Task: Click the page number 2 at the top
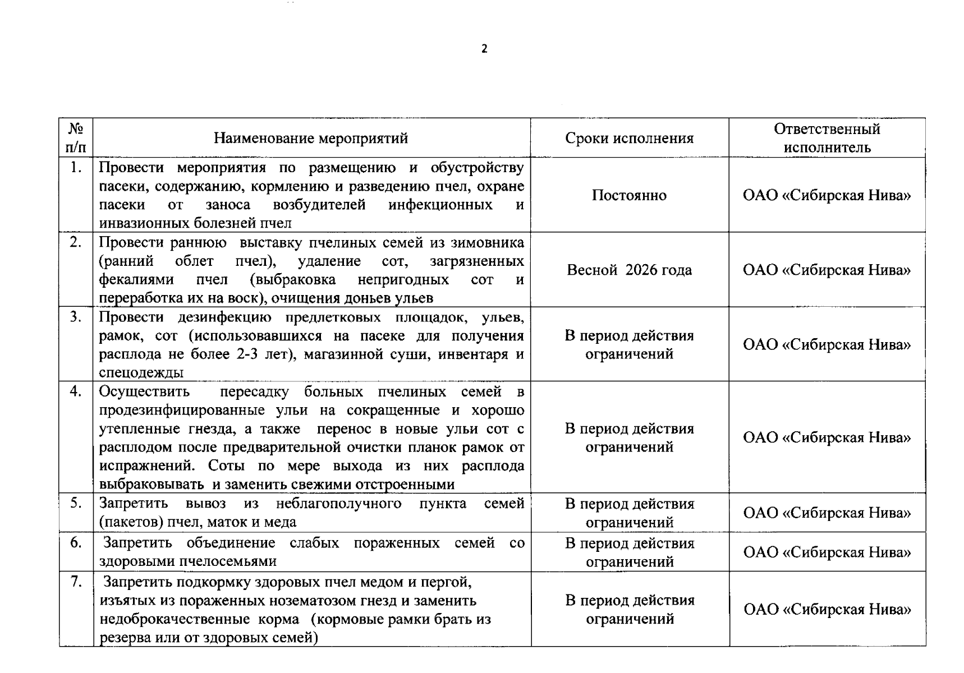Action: (x=484, y=49)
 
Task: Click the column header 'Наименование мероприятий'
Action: (x=311, y=138)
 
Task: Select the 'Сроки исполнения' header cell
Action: (x=629, y=138)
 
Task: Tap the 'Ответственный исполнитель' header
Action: (x=827, y=138)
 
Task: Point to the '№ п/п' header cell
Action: (x=76, y=138)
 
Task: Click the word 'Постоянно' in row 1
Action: (x=629, y=195)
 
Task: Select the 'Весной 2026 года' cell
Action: (x=629, y=270)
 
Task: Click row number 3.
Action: (x=76, y=317)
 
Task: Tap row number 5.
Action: (x=76, y=503)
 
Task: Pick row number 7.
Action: (x=76, y=582)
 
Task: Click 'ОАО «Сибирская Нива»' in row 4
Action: (x=827, y=437)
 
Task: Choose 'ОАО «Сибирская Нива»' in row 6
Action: (x=827, y=552)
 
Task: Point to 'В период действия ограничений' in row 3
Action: (x=629, y=344)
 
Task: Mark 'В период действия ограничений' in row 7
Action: (x=629, y=609)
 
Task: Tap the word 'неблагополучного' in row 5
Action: (x=338, y=504)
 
